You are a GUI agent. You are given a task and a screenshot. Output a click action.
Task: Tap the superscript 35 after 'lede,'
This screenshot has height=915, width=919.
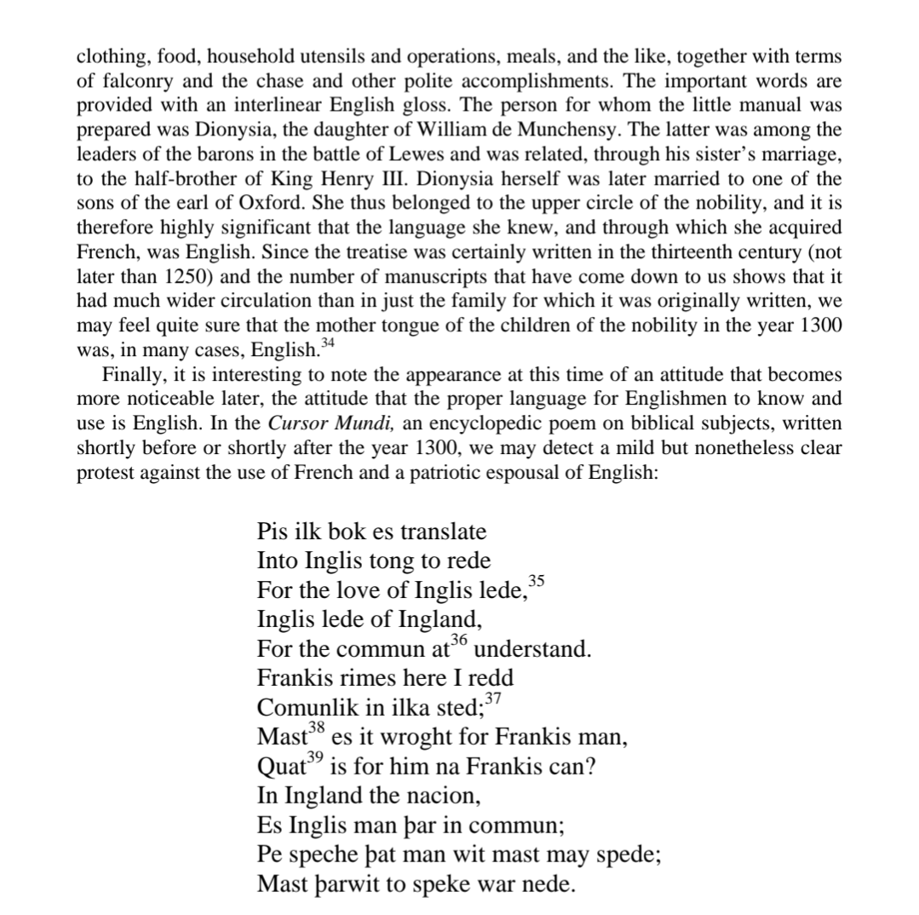tap(536, 581)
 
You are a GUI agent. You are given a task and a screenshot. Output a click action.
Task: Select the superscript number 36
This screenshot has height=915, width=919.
tap(459, 640)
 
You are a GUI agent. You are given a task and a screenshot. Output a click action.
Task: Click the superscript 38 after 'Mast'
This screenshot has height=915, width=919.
tap(317, 727)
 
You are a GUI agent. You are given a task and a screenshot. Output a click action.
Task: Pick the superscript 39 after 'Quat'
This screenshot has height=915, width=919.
tap(316, 757)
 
